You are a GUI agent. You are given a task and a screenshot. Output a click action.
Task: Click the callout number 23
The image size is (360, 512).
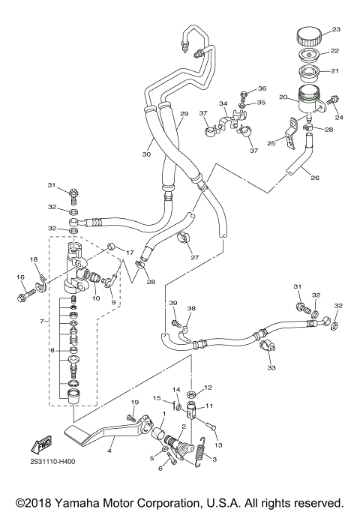(x=336, y=30)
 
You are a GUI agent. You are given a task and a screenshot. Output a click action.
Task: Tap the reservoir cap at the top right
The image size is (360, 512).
(x=309, y=36)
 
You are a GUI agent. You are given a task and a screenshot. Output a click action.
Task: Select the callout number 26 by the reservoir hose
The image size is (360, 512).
(x=315, y=178)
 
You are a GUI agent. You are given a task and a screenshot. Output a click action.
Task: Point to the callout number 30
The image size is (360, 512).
(x=147, y=154)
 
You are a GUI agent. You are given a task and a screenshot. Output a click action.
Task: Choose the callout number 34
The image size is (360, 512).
(x=223, y=103)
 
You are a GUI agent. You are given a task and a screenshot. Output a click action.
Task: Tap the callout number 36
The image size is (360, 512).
(x=252, y=88)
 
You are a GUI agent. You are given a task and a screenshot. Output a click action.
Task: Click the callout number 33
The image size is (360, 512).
(x=271, y=368)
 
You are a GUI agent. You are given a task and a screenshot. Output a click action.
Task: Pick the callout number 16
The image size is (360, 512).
(x=20, y=277)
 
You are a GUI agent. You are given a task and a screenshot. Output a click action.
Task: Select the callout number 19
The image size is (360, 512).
(x=135, y=403)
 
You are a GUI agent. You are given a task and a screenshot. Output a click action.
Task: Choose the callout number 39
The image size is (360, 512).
(x=172, y=302)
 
